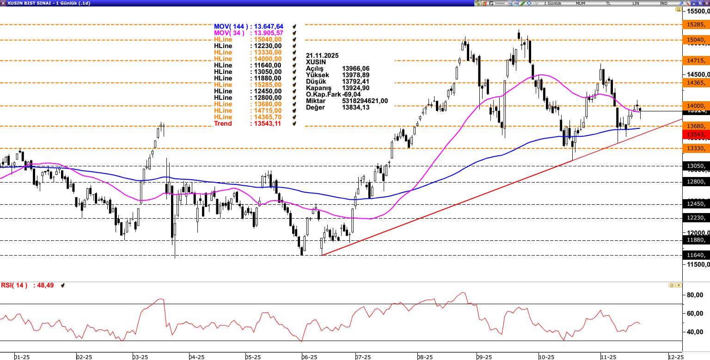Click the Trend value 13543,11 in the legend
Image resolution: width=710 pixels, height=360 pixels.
tap(265, 124)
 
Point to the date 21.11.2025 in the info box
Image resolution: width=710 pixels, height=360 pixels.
tap(322, 55)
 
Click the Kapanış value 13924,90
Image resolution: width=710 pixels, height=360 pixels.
tap(355, 88)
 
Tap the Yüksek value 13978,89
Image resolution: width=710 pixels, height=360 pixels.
tap(355, 75)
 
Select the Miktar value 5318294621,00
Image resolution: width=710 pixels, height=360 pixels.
tap(365, 101)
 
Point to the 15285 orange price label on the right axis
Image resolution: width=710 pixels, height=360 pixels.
tap(696, 24)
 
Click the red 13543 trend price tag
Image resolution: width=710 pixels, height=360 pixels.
tap(696, 134)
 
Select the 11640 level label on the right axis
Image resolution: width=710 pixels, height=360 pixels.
tap(696, 255)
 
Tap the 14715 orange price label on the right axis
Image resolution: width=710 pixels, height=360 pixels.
tap(696, 61)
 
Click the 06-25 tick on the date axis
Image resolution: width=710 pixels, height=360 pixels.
tap(309, 357)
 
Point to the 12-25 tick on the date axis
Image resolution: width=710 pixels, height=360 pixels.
tap(676, 357)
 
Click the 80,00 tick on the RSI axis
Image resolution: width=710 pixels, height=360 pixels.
tap(695, 295)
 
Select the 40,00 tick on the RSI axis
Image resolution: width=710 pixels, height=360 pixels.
tap(695, 332)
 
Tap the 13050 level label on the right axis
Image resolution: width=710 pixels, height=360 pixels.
tap(696, 166)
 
